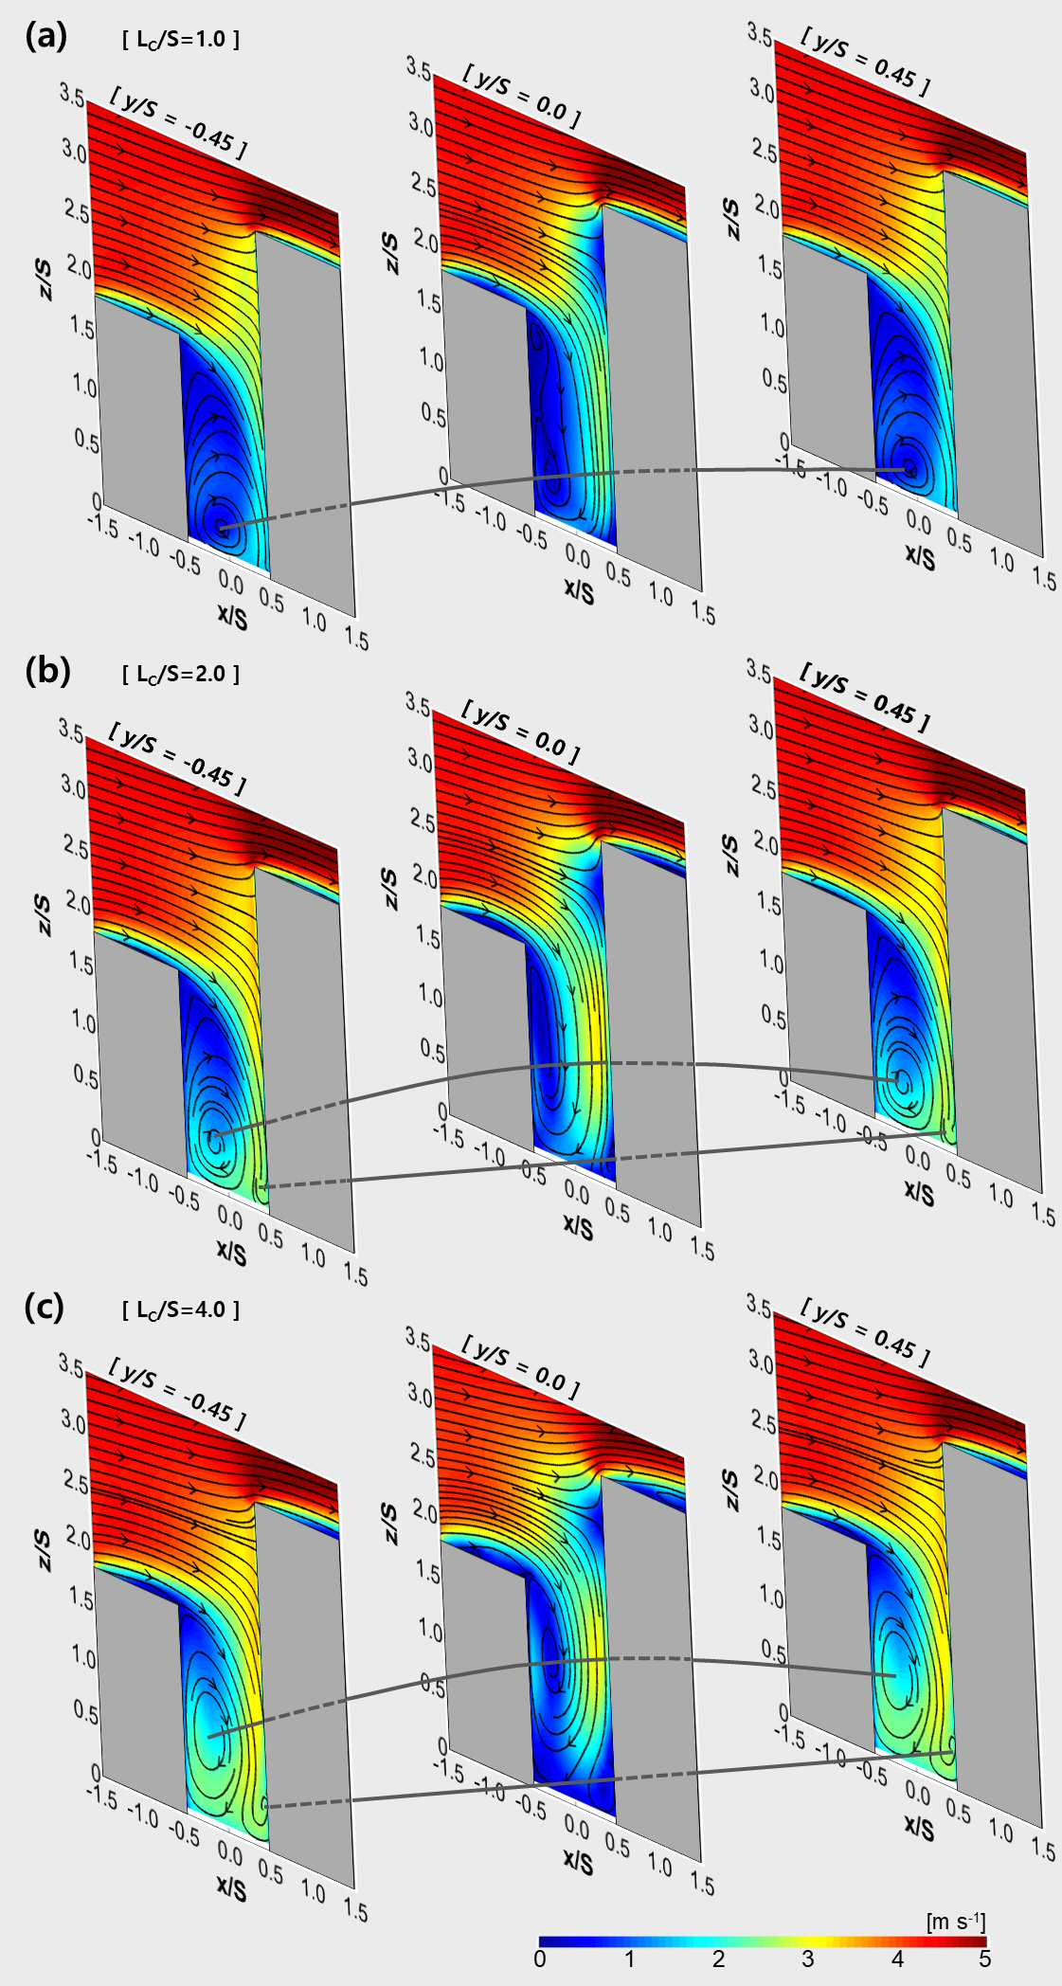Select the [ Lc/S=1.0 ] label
(x=181, y=40)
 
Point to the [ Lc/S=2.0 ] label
(x=181, y=675)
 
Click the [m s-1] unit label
(x=957, y=1921)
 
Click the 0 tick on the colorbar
(x=540, y=1959)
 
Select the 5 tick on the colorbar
(x=985, y=1959)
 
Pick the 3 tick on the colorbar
(x=807, y=1959)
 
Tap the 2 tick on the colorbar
(x=718, y=1959)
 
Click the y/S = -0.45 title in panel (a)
(x=178, y=122)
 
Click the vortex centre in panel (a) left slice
(x=220, y=524)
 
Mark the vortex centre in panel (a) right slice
(x=909, y=468)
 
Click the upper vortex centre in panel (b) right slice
(x=901, y=1079)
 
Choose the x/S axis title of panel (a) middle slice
(x=579, y=591)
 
